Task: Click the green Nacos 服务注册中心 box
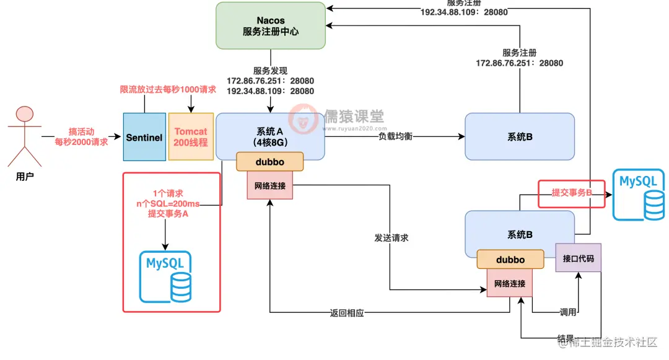pos(270,25)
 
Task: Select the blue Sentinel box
pos(144,137)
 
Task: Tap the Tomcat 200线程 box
pos(191,137)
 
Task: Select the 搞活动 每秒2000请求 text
pos(81,137)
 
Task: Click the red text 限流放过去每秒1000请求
pos(168,90)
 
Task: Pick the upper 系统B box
pos(519,137)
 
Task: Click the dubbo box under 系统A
pos(269,162)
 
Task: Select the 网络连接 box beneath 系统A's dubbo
pos(269,185)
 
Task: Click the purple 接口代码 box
pos(578,258)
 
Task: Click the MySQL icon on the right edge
pos(639,195)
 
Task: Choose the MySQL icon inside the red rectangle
pos(165,275)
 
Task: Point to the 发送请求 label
pos(391,238)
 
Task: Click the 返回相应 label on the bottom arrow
pos(347,313)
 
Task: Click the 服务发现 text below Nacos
pos(270,71)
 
